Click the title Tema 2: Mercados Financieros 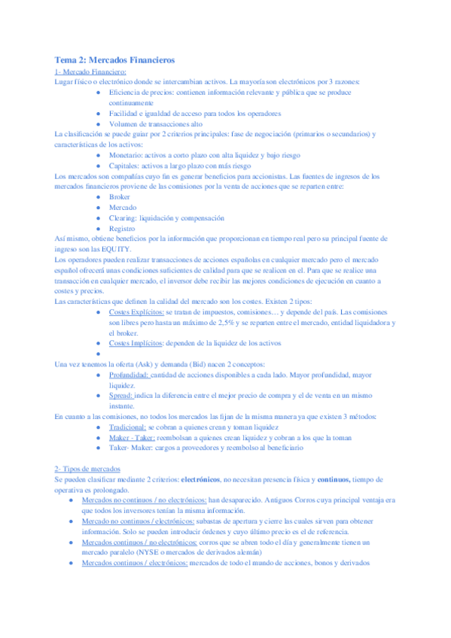coord(115,59)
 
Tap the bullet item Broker coord(120,196)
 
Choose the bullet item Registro coord(123,228)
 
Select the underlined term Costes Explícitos coord(136,311)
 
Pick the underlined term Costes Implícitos coord(136,342)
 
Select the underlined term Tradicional coord(128,427)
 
